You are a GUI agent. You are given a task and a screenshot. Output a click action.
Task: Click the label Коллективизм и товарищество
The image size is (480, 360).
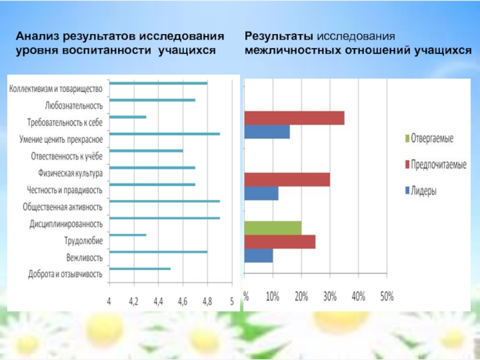pyautogui.click(x=56, y=88)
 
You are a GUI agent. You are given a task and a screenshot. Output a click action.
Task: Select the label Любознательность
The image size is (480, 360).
pyautogui.click(x=74, y=106)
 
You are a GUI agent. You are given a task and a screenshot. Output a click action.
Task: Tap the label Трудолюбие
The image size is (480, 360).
pyautogui.click(x=83, y=241)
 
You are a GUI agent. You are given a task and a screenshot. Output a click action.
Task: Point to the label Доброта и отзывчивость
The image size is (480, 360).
pyautogui.click(x=65, y=275)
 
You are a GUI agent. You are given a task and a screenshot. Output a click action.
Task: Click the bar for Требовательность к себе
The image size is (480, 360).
pyautogui.click(x=128, y=116)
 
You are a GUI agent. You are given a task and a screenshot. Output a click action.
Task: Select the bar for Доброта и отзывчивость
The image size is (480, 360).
pyautogui.click(x=140, y=269)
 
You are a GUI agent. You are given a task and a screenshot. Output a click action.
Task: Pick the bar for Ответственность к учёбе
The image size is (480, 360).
pyautogui.click(x=146, y=151)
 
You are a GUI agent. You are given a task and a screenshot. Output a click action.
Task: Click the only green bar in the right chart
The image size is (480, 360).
pyautogui.click(x=273, y=227)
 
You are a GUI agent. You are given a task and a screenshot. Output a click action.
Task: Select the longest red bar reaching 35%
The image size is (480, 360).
pyautogui.click(x=294, y=118)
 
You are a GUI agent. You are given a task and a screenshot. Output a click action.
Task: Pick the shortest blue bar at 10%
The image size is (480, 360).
pyautogui.click(x=259, y=255)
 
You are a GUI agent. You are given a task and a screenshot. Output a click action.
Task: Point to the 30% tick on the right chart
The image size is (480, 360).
pyautogui.click(x=329, y=296)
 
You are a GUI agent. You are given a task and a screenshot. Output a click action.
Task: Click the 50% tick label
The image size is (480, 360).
pyautogui.click(x=386, y=296)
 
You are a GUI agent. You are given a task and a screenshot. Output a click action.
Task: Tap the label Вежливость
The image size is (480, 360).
pyautogui.click(x=84, y=259)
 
